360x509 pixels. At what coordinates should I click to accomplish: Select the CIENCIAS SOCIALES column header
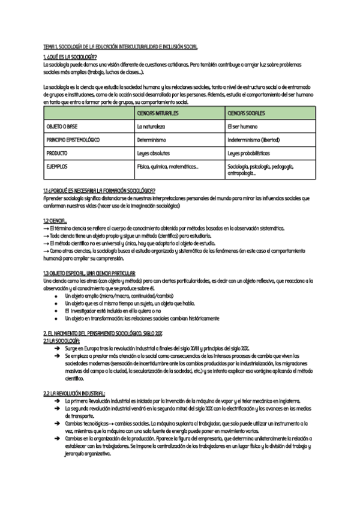coord(247,113)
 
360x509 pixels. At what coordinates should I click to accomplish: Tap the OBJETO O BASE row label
coord(62,127)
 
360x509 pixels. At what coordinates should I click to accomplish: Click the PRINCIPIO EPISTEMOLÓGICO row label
coord(73,140)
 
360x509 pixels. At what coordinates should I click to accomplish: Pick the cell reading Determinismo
coord(151,140)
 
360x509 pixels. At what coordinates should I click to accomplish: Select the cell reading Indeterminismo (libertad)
coord(254,140)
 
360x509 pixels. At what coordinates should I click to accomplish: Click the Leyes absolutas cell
coord(154,153)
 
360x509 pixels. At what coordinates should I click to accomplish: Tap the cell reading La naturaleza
coord(151,127)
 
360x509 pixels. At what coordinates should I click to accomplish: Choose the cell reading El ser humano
coord(242,127)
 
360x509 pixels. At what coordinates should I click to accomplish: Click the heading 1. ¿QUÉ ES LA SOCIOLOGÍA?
coord(70,56)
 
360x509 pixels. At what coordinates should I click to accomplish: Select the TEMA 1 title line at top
coord(120,47)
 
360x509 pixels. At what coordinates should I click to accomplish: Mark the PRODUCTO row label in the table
coord(57,153)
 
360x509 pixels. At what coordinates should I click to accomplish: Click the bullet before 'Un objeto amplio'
coord(56,296)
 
